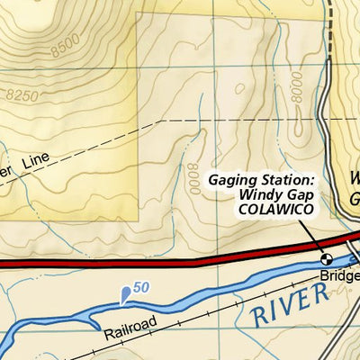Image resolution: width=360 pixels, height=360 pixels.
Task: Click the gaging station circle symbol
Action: pyautogui.click(x=327, y=257)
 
